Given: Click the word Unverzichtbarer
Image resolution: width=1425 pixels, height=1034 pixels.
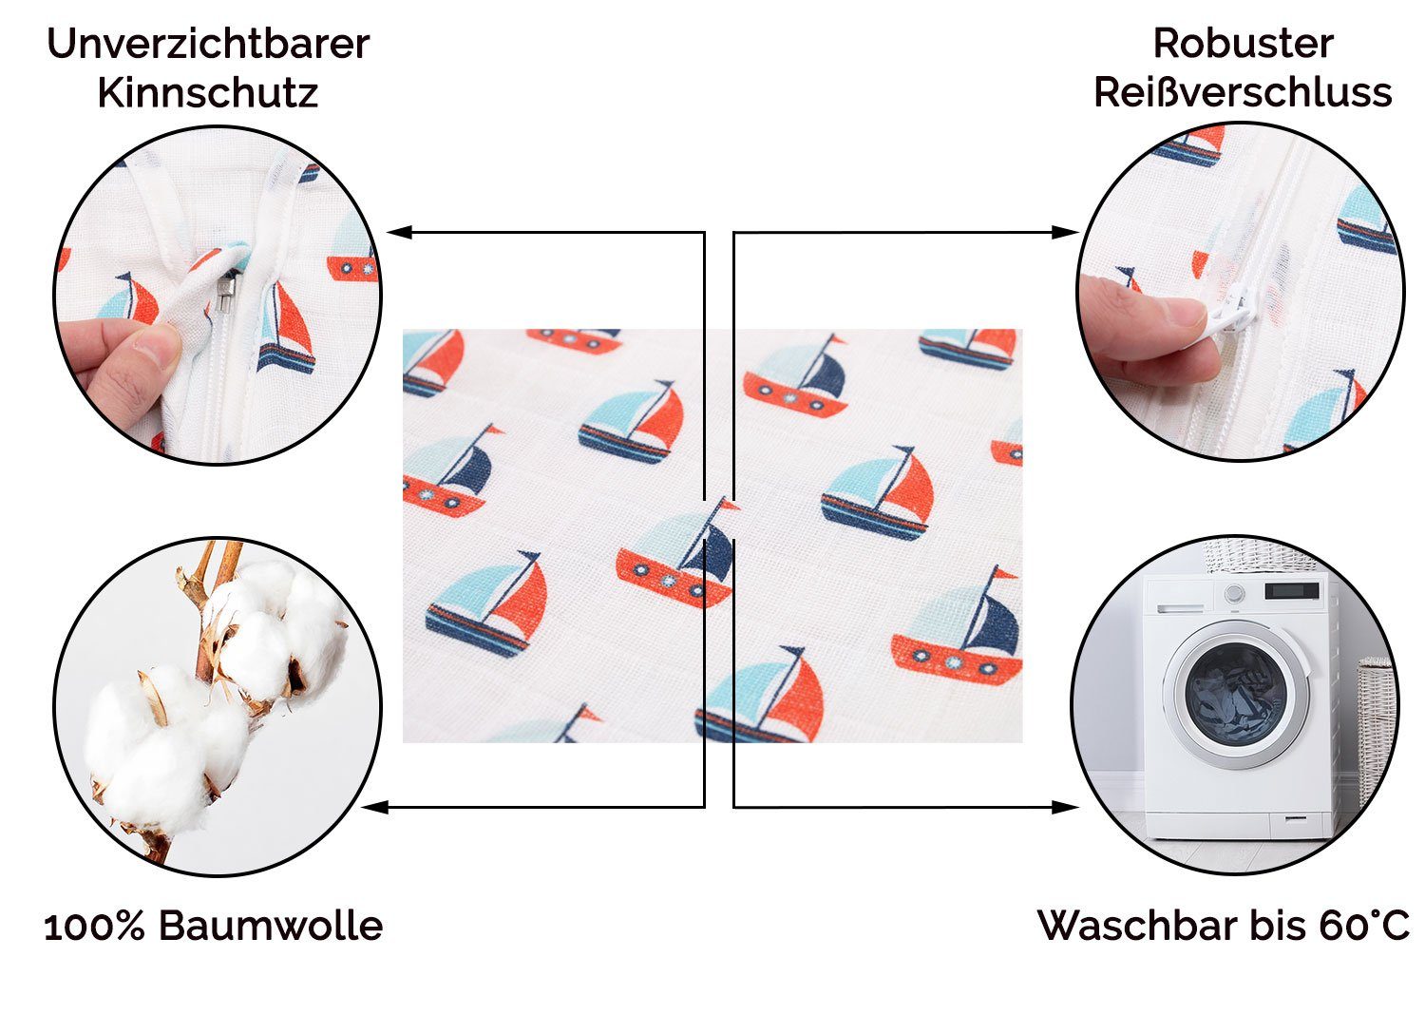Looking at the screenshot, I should (x=207, y=44).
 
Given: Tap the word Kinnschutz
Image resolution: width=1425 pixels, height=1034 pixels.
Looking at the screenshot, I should (x=207, y=93).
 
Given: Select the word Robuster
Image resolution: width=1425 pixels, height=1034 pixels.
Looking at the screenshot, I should (x=1243, y=44).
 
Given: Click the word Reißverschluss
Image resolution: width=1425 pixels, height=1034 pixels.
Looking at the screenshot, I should (x=1243, y=93).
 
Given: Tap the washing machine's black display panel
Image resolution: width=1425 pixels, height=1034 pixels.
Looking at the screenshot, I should (x=1292, y=591).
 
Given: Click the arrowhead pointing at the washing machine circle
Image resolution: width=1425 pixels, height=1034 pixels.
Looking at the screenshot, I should (x=1068, y=807).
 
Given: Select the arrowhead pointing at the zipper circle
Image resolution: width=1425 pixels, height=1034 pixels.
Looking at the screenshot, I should (x=1068, y=232).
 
